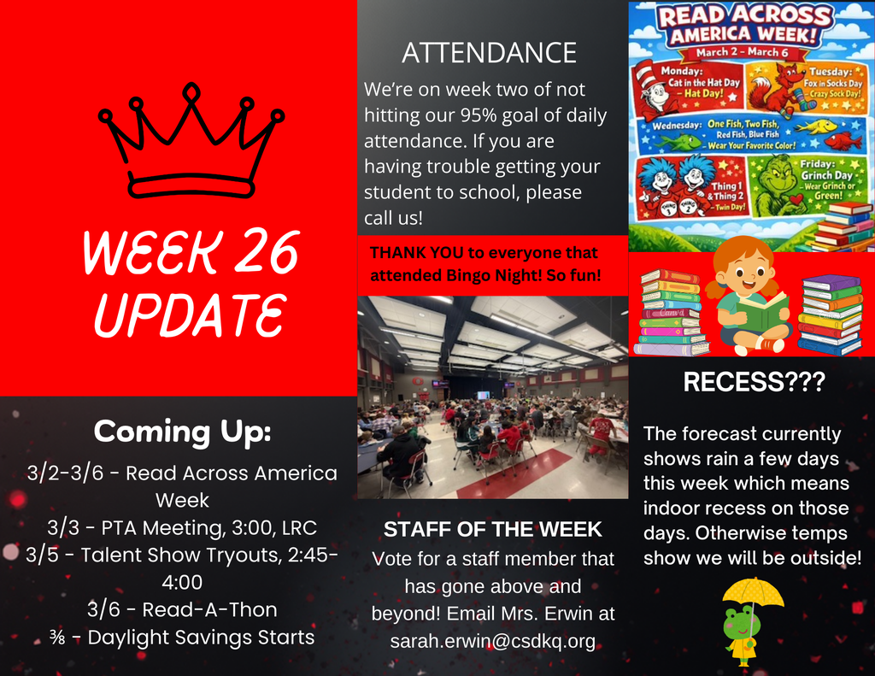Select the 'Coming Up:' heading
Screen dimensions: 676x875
[182, 431]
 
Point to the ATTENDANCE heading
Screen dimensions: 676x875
[489, 53]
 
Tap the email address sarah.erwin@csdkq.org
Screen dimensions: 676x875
[492, 641]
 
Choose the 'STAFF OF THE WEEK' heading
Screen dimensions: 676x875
[492, 530]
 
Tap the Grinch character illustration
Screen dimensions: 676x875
[777, 185]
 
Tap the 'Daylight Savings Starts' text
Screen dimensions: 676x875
[201, 638]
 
